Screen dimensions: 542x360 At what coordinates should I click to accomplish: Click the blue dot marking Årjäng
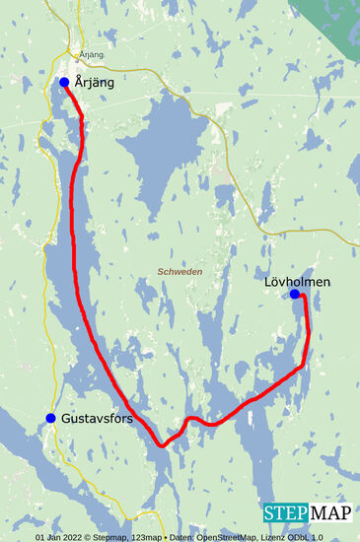coord(64,82)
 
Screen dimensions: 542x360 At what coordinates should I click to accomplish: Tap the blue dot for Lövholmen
coord(294,294)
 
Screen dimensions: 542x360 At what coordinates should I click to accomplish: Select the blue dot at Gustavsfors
coord(50,418)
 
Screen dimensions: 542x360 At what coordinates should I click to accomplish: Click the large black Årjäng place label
coord(95,83)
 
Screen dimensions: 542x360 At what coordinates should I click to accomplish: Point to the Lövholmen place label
coord(297,282)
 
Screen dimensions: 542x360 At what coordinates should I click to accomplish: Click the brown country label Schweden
coord(180,271)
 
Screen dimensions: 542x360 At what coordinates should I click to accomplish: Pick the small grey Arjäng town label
coord(90,55)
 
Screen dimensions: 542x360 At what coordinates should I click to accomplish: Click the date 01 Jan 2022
coord(59,537)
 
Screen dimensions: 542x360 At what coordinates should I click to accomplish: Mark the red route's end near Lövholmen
coord(301,296)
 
